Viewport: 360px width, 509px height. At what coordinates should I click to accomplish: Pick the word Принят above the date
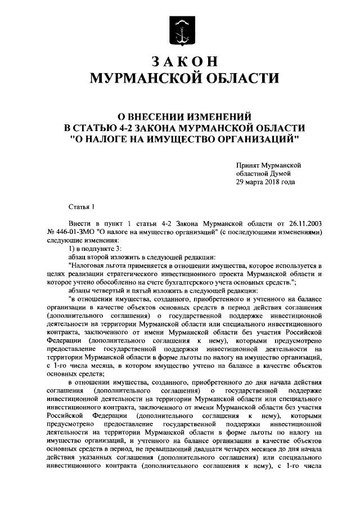pos(248,165)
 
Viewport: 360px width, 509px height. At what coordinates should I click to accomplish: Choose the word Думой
pos(283,174)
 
